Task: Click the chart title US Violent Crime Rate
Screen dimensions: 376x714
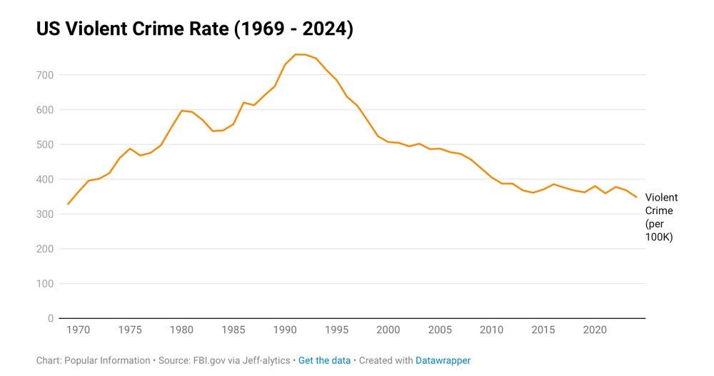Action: click(x=194, y=29)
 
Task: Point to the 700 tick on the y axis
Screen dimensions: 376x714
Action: click(x=44, y=75)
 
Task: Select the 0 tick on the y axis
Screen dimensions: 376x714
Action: click(x=50, y=318)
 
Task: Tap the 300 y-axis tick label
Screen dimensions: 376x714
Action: click(x=44, y=214)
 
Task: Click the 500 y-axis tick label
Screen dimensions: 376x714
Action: click(x=44, y=145)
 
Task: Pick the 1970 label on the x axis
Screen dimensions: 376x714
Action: click(x=79, y=330)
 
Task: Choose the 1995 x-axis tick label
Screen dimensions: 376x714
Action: click(x=337, y=330)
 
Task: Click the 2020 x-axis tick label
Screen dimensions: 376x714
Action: click(x=595, y=330)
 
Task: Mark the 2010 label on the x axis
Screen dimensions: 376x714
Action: click(x=492, y=330)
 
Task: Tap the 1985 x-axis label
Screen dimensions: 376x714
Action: click(x=233, y=330)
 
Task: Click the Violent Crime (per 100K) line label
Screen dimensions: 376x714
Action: click(x=661, y=217)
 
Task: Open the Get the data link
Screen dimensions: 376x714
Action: click(x=324, y=361)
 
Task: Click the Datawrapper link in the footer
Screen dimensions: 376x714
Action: click(x=443, y=361)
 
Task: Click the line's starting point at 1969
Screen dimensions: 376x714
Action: click(x=69, y=204)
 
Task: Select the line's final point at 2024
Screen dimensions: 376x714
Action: click(x=636, y=197)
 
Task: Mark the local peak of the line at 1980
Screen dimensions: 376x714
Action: click(x=182, y=111)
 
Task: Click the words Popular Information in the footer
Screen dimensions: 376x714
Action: click(x=107, y=361)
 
